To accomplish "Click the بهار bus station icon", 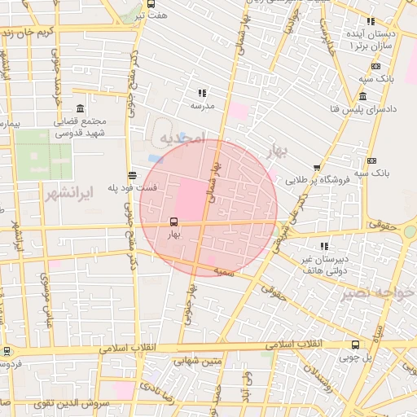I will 173,222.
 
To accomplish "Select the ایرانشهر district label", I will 89,193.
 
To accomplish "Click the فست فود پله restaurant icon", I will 132,174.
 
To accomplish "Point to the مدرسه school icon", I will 202,94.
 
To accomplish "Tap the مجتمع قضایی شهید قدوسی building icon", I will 79,109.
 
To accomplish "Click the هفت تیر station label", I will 151,15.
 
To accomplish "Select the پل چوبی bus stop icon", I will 354,345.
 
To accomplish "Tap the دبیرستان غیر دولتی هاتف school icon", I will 324,246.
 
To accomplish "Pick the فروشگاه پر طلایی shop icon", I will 317,167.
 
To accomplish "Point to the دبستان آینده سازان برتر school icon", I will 371,22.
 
